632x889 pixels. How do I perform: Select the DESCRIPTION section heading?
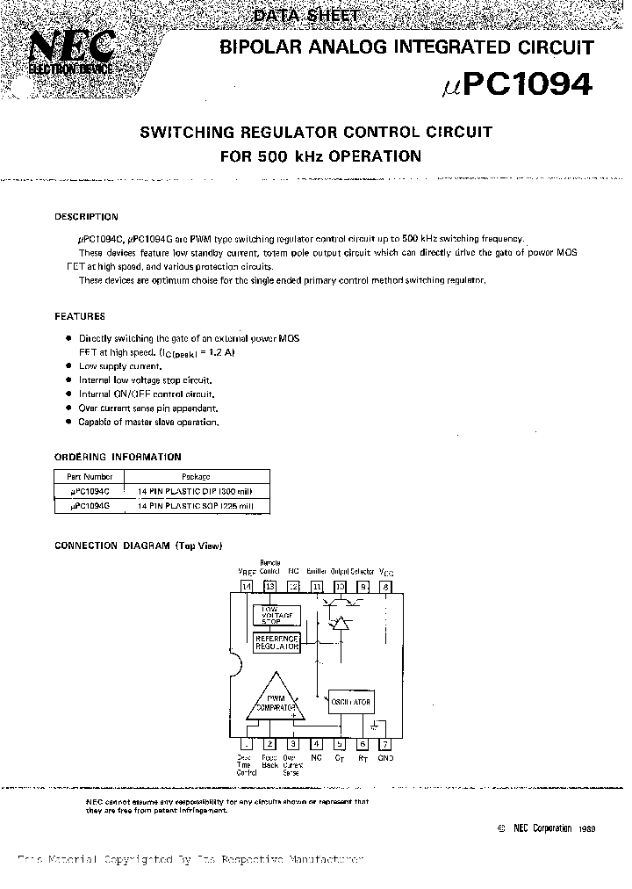tap(86, 217)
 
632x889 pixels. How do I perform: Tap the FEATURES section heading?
tap(80, 316)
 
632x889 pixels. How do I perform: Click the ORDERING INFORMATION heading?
tap(118, 457)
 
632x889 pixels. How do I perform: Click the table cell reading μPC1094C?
tap(89, 493)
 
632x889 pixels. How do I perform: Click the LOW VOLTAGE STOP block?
tap(276, 616)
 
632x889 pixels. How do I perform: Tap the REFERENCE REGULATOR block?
tap(276, 642)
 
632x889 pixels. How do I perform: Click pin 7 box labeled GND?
tap(384, 744)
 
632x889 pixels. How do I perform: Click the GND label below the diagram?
tap(385, 758)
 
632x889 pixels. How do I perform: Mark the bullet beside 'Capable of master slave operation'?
tap(68, 423)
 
